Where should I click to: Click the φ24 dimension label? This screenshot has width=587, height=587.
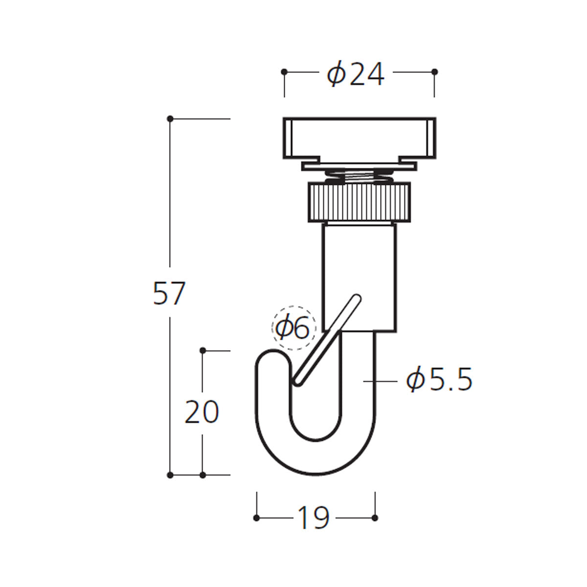356,75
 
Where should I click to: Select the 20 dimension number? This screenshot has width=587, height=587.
202,412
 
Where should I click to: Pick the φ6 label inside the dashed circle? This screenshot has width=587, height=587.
293,328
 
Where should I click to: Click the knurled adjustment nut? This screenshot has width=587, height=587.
360,202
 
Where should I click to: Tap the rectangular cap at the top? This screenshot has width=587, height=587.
360,138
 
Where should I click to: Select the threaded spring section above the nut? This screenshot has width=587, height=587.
360,176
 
